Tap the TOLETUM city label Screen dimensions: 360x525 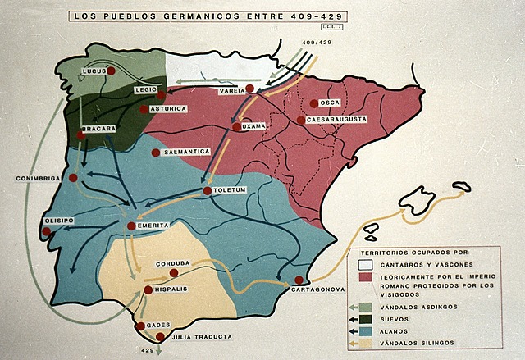230,190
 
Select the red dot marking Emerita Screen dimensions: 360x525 131,226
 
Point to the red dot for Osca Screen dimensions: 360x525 314,103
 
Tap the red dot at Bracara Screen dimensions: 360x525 80,135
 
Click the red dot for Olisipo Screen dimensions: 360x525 47,231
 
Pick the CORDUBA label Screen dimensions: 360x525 173,263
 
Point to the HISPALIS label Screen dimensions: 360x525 172,289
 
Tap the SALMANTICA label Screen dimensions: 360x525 186,152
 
